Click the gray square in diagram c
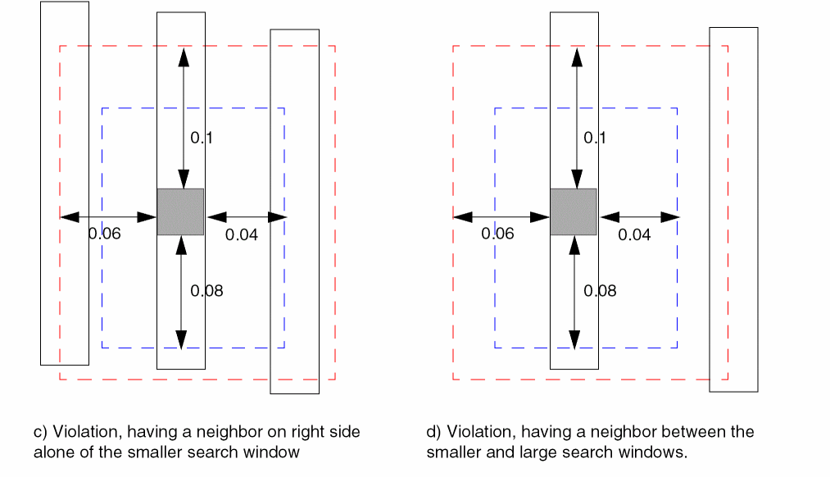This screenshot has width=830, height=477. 180,211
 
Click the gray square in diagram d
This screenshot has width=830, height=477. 573,211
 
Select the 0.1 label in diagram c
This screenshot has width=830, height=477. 202,138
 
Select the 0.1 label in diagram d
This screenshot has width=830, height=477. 595,138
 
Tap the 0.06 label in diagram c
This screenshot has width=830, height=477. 104,234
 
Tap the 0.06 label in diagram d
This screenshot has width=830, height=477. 497,234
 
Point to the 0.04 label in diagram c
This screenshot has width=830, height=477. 242,235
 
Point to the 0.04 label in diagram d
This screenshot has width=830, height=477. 634,235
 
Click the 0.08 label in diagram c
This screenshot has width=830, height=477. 206,290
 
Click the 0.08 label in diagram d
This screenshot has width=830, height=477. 600,290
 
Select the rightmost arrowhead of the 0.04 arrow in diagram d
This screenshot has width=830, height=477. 670,217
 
